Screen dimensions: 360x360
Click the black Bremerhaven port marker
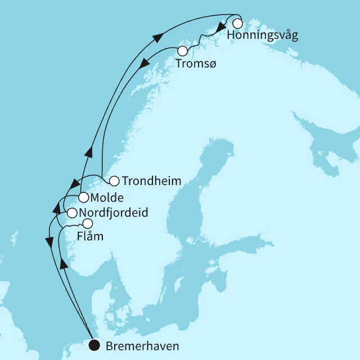(94, 345)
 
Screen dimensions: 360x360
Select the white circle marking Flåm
(88, 223)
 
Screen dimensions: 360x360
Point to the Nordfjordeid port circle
(71, 213)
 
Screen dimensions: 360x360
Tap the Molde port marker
(83, 197)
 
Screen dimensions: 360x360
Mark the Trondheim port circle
(114, 181)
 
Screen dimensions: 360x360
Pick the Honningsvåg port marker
(237, 24)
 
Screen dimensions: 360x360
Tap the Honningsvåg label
(263, 37)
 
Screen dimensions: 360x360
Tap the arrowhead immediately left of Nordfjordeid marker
(56, 209)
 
